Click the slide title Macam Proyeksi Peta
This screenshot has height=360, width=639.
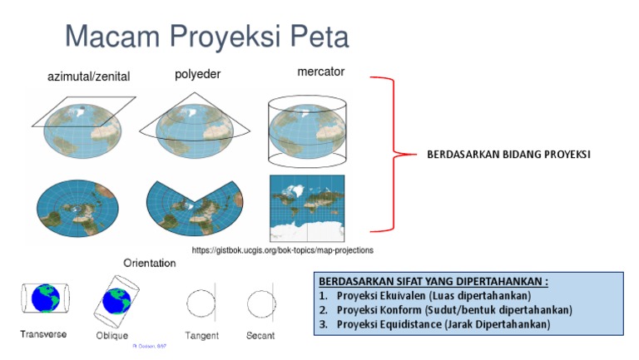[207, 37]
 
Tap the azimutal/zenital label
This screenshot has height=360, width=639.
[88, 77]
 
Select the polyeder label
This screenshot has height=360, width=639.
[197, 75]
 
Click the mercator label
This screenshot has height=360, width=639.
[320, 72]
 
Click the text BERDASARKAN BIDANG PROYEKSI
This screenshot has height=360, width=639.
[508, 155]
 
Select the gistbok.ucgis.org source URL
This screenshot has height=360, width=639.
[282, 249]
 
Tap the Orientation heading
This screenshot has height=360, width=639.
[150, 263]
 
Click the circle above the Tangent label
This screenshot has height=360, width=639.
[201, 301]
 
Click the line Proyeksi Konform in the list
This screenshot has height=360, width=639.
[454, 310]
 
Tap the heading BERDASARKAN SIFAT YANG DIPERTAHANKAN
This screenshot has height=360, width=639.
[433, 281]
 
